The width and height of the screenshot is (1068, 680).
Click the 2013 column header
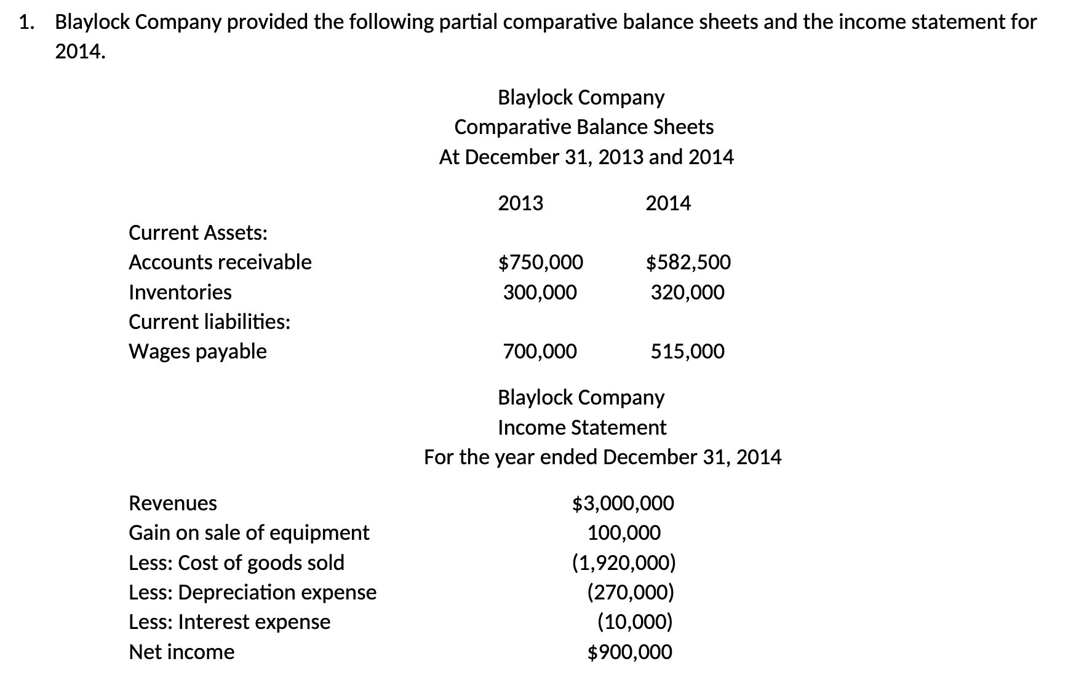pos(520,203)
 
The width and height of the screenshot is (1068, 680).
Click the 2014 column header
pos(668,203)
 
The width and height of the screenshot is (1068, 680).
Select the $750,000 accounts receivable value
pos(540,263)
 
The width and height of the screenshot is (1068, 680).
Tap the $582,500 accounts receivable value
pos(688,263)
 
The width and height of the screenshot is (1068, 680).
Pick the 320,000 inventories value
pos(688,292)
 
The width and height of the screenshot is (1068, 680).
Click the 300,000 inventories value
pos(540,292)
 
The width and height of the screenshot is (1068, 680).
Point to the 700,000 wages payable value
pos(540,352)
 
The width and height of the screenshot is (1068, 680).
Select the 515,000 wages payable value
pos(688,352)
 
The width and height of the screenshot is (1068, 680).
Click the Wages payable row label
pos(197,352)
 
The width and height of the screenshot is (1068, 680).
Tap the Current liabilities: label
pos(209,322)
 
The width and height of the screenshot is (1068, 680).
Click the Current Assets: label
pos(197,233)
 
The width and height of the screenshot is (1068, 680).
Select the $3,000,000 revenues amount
pos(623,504)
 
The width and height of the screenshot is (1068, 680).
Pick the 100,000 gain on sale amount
pos(624,533)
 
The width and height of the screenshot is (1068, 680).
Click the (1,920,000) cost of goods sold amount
pos(624,563)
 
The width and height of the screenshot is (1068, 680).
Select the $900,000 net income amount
pos(629,652)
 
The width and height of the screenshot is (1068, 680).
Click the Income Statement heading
pos(581,427)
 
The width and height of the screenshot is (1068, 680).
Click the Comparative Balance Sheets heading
pos(584,127)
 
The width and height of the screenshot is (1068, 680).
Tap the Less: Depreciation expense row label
pos(252,592)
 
